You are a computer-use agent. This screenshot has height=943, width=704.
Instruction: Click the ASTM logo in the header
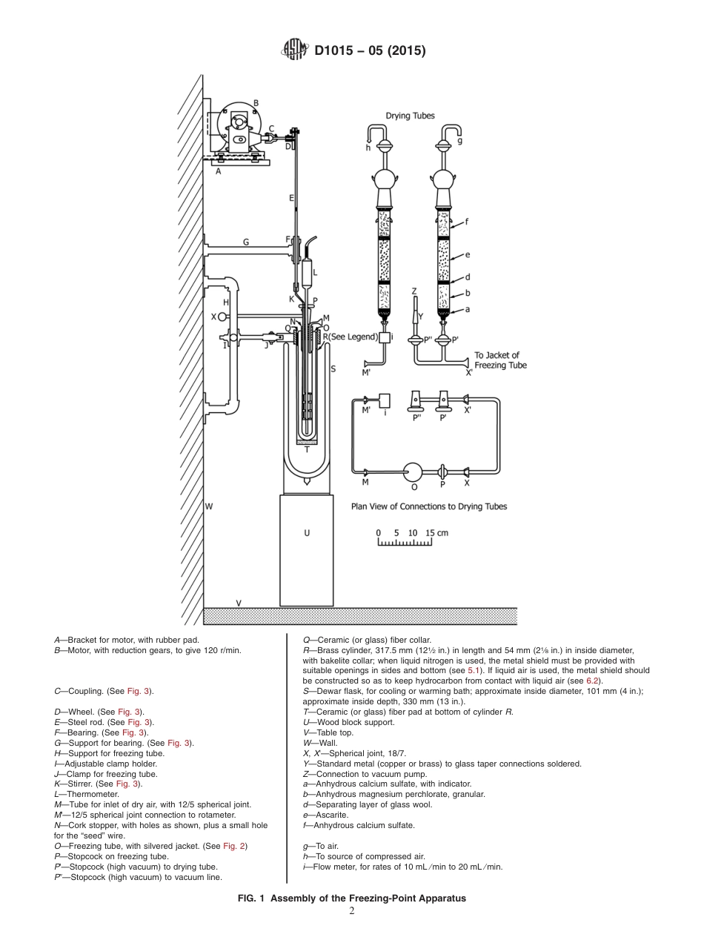tap(294, 50)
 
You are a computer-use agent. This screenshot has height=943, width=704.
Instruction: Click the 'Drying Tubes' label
tap(410, 116)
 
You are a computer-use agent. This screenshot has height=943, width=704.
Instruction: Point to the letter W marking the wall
tap(209, 506)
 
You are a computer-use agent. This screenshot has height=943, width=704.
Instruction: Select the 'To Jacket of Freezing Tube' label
tap(502, 360)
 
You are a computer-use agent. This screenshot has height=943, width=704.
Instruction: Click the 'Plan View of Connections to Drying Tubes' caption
tap(429, 507)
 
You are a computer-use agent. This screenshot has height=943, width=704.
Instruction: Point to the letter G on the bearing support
tap(245, 242)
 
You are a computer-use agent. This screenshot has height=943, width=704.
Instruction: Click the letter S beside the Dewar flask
tap(333, 368)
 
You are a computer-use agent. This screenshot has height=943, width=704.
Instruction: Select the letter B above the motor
tap(256, 103)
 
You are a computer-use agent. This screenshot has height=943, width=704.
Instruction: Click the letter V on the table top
tap(238, 603)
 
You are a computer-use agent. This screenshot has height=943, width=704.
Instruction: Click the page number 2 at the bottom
tap(351, 911)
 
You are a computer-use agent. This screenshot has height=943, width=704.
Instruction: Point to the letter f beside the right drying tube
tap(467, 220)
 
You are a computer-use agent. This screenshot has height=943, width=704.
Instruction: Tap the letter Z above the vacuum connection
tap(414, 291)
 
